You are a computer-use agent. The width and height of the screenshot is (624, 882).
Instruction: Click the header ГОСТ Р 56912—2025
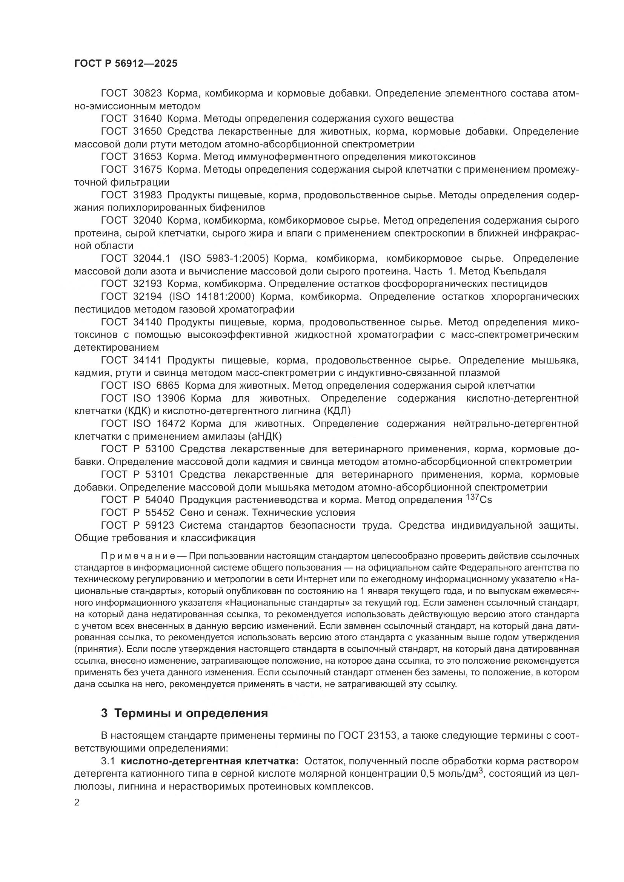click(126, 63)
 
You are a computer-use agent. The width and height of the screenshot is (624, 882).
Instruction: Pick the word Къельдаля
click(518, 271)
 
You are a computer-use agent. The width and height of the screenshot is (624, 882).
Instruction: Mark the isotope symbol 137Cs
click(478, 499)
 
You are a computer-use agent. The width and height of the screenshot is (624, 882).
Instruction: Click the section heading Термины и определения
click(191, 713)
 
